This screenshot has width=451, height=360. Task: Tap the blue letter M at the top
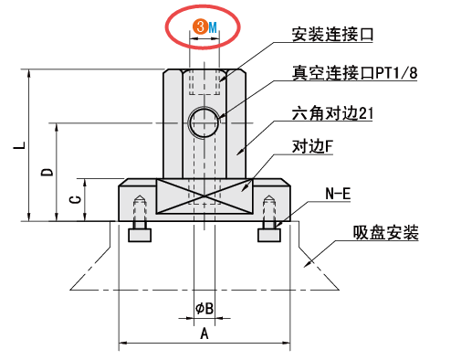213,26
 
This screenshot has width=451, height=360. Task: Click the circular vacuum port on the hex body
205,122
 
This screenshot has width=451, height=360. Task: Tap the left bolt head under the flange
140,236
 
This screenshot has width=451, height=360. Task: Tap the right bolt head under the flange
268,236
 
